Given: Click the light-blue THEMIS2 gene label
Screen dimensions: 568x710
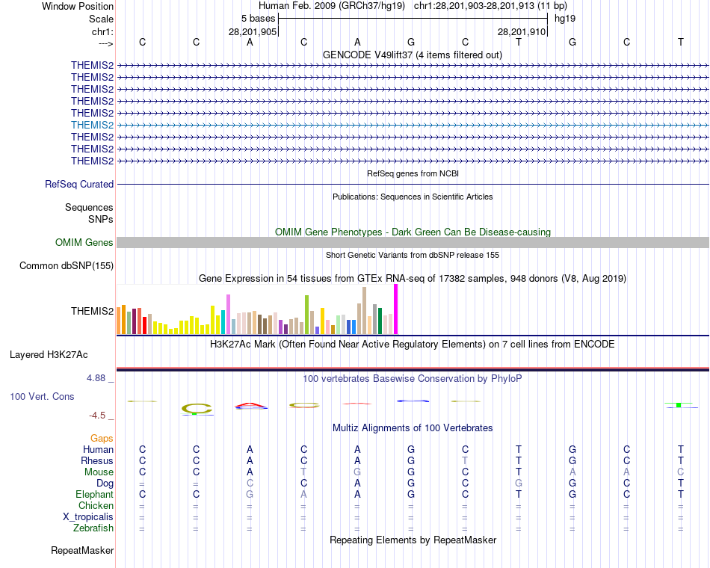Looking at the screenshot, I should (x=92, y=125).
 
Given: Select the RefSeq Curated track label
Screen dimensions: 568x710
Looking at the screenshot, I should (x=79, y=184).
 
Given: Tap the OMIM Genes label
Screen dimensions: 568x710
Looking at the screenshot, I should (x=84, y=242).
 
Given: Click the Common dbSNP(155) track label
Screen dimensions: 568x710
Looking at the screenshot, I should (x=67, y=265).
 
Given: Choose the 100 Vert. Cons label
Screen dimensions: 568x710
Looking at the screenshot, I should (x=42, y=396).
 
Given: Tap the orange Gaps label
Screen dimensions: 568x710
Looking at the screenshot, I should (x=102, y=438).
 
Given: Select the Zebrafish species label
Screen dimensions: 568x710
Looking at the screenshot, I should (x=93, y=528).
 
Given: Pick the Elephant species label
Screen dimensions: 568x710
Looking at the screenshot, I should (x=94, y=494).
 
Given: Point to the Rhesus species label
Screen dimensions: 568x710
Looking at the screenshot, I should (x=96, y=460).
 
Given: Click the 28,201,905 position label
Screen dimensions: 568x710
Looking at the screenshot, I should (x=253, y=32).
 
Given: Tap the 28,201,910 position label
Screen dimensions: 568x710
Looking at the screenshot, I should (x=522, y=32).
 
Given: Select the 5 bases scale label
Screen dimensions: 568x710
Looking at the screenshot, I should (x=258, y=18).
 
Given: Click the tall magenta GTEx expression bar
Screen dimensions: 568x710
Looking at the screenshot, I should (x=395, y=309).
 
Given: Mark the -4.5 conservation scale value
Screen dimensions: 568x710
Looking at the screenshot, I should (x=99, y=416).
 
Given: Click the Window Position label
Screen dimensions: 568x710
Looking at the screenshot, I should (x=78, y=6).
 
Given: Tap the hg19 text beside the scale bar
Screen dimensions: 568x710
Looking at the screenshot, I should (x=564, y=18).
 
